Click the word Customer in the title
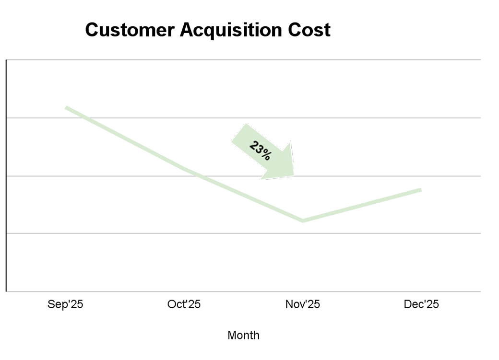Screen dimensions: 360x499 130,30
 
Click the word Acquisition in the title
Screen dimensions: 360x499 231,30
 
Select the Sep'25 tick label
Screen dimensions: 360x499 65,304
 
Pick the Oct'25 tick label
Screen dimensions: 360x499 184,304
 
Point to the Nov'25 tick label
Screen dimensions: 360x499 303,304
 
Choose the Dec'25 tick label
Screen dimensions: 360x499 421,304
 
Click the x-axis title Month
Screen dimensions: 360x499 243,335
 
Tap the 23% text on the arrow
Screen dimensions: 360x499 260,151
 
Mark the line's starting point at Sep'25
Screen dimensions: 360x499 66,107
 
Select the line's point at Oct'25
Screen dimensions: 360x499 184,168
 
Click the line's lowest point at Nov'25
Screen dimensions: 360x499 303,221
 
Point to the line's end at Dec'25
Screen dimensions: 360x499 421,190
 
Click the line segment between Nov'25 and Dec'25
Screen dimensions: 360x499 362,205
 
